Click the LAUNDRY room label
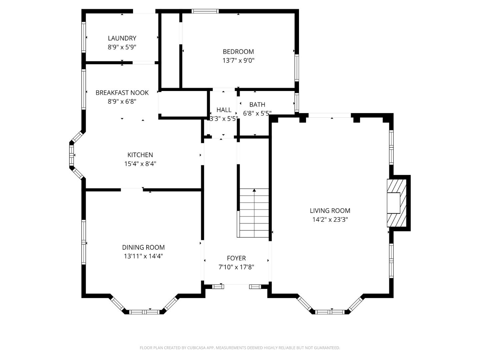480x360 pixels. click(x=122, y=38)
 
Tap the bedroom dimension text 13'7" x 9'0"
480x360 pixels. click(x=238, y=60)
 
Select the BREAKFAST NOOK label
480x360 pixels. click(x=122, y=93)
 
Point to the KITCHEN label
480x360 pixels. click(x=140, y=155)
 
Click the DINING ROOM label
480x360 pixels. click(x=143, y=247)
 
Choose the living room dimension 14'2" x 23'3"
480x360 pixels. click(x=330, y=219)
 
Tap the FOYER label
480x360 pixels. click(x=236, y=258)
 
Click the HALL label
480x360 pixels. click(x=224, y=110)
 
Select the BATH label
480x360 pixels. click(x=257, y=105)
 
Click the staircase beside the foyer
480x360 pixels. click(x=254, y=213)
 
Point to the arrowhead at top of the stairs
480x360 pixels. click(x=254, y=190)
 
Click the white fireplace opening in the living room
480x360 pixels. click(x=393, y=203)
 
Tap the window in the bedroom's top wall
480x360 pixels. click(x=205, y=11)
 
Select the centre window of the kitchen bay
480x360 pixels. click(x=71, y=155)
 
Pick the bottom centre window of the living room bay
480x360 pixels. click(x=330, y=312)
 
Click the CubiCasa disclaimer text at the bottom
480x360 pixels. click(x=240, y=348)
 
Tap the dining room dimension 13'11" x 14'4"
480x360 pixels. click(x=143, y=256)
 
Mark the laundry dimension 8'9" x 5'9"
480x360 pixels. click(x=122, y=47)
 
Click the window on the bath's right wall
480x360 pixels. click(x=297, y=102)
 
